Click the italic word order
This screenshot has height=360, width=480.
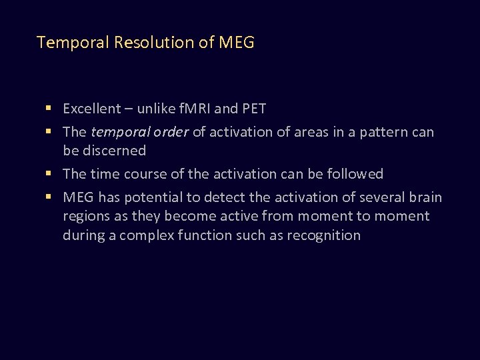171,132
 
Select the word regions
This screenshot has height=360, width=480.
85,216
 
